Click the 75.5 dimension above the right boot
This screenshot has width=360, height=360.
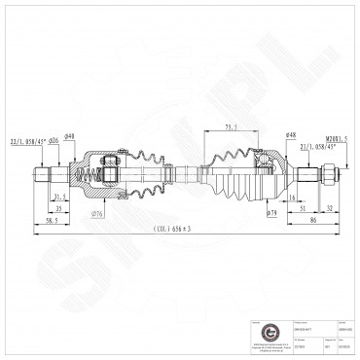[230, 126]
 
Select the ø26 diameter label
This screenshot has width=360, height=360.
[55, 141]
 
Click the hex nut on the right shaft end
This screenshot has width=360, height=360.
[329, 177]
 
